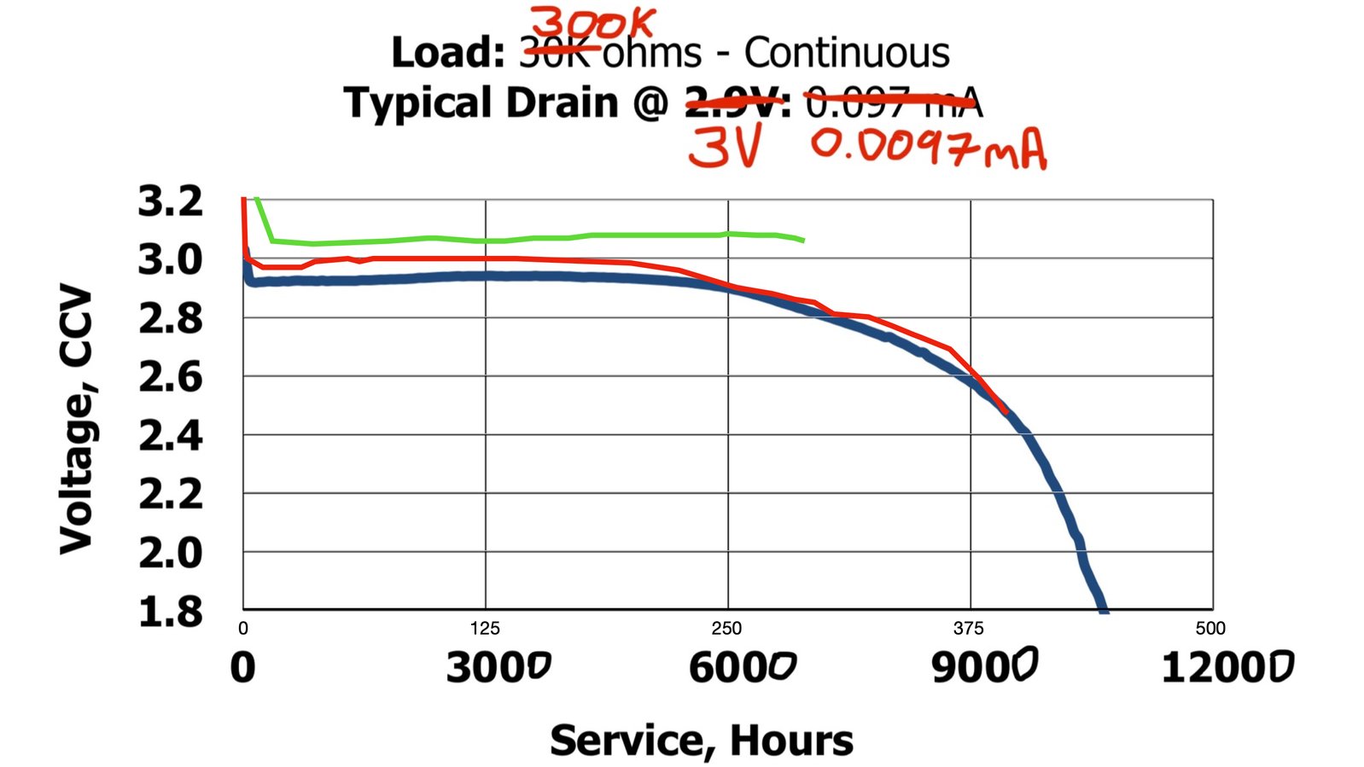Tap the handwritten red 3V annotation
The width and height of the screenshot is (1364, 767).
click(724, 148)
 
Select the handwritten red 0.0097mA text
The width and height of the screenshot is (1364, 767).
click(929, 148)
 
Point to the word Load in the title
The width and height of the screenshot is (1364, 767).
click(447, 53)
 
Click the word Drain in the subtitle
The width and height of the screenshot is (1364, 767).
click(562, 102)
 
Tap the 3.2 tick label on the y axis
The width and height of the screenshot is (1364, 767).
click(171, 201)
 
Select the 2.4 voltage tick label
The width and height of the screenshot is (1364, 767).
click(171, 436)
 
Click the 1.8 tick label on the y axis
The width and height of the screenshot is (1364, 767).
click(171, 612)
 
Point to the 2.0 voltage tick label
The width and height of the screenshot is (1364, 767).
click(171, 553)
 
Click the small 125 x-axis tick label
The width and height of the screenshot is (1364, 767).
click(485, 629)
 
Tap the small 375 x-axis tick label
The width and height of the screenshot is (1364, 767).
click(969, 629)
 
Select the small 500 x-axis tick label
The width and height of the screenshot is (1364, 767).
click(1210, 629)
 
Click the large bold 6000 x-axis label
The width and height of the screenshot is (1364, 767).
click(742, 666)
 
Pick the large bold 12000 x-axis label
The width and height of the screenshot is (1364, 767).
click(1227, 666)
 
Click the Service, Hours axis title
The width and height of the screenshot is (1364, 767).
click(701, 740)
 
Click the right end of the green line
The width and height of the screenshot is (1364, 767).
click(803, 241)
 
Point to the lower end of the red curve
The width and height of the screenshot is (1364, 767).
click(1006, 412)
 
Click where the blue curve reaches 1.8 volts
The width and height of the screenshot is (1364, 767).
click(1104, 609)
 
